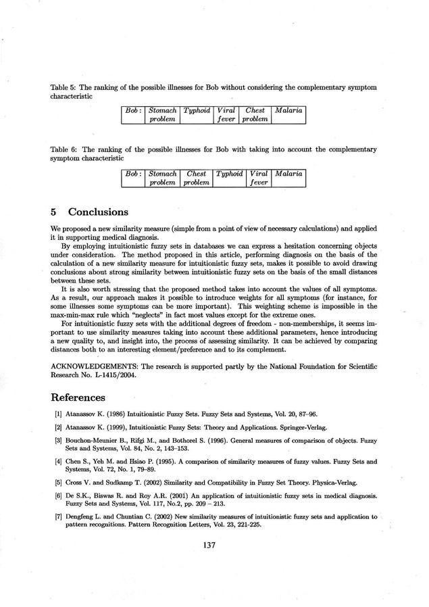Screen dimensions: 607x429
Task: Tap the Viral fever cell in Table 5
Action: [x=226, y=115]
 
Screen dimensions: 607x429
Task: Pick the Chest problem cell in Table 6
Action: [x=196, y=178]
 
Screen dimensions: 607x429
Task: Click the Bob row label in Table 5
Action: [x=133, y=110]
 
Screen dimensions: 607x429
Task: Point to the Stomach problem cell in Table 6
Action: [x=162, y=178]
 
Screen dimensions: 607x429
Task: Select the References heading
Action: [x=78, y=397]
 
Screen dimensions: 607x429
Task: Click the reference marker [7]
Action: [x=58, y=517]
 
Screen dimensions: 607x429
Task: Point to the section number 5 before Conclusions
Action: [x=54, y=212]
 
